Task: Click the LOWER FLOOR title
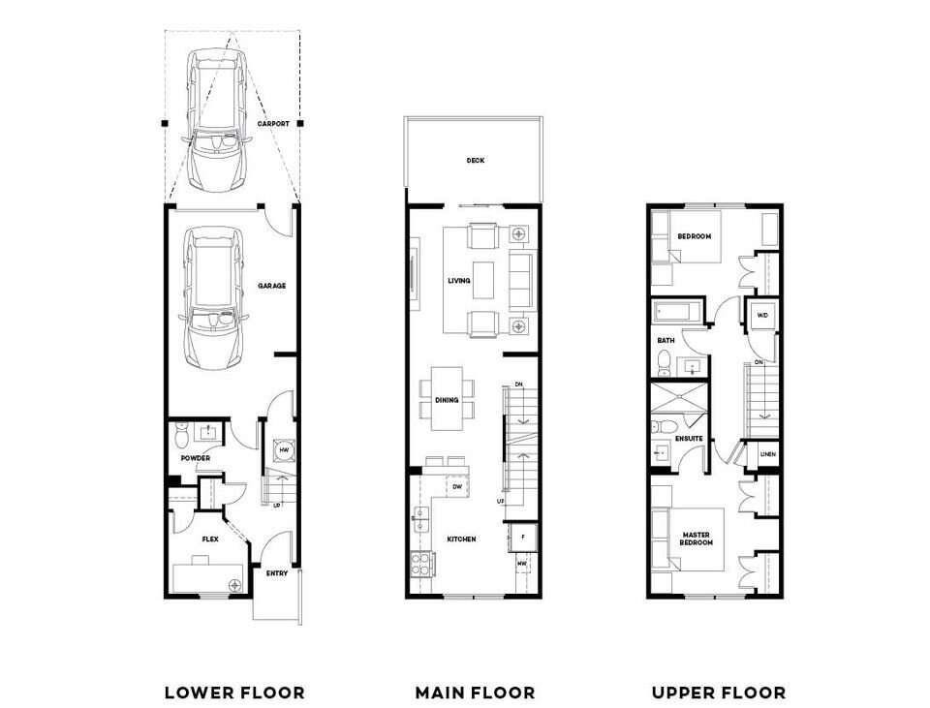point(234,693)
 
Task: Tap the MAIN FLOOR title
point(475,693)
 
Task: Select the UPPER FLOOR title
point(718,693)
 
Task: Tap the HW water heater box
point(285,450)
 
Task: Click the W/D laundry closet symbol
point(761,315)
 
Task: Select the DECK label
point(475,161)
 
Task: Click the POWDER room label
point(195,458)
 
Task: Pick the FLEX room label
point(209,539)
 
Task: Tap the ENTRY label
point(277,573)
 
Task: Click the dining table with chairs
point(448,399)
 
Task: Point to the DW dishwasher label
point(457,487)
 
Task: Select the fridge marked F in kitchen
point(522,536)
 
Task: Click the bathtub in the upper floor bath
point(680,313)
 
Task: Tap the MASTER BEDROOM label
point(697,539)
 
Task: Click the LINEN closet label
point(767,453)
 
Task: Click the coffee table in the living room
point(482,280)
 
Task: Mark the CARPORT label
point(274,124)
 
